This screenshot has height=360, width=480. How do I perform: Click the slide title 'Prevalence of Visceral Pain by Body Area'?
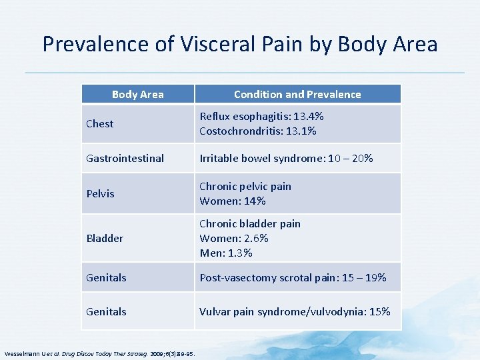(240, 44)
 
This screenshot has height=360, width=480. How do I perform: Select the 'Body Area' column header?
(137, 94)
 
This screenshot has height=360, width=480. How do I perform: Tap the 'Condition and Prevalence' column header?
(297, 94)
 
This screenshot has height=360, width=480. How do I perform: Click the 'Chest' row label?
(100, 123)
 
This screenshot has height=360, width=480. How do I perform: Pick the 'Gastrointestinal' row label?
(125, 158)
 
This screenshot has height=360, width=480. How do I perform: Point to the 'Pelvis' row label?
(100, 193)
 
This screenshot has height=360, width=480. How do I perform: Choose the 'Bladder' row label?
(105, 238)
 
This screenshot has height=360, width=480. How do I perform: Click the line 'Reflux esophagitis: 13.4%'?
(261, 116)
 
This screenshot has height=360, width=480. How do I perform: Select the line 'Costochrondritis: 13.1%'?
(257, 131)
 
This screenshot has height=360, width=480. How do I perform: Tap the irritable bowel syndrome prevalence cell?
(286, 158)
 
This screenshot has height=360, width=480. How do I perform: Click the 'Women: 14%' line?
(232, 201)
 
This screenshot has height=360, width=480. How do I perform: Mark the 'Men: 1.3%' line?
(226, 253)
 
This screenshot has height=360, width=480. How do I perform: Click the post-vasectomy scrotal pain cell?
(293, 277)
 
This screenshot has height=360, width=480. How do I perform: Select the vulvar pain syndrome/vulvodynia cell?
(295, 311)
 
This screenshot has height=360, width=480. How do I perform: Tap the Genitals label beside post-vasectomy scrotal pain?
(106, 277)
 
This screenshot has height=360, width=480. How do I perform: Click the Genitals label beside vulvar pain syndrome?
(106, 311)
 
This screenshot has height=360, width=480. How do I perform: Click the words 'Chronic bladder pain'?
(250, 223)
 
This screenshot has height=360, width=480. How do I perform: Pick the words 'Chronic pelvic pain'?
(245, 186)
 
